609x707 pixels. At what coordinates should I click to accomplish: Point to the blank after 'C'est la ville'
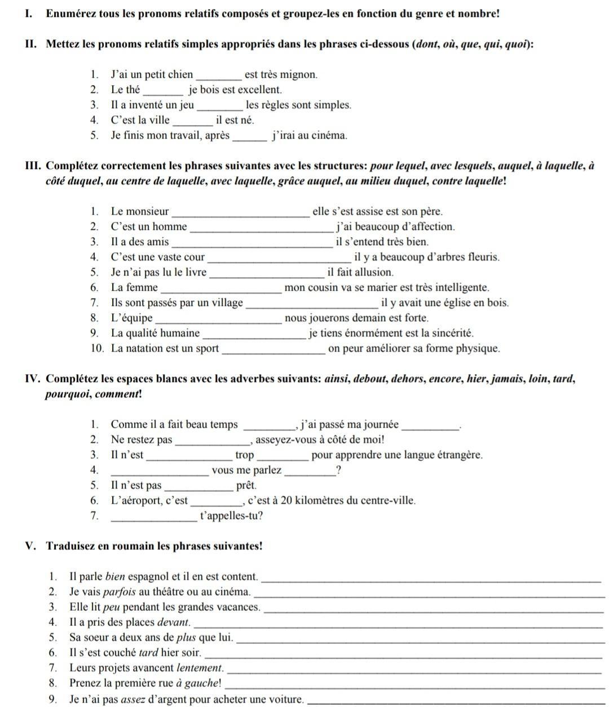coord(192,121)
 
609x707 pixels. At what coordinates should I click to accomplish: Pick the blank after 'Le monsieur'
coord(240,213)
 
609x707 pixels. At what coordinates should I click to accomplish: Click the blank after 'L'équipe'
coord(218,319)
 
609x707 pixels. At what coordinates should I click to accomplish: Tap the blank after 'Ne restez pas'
coord(212,441)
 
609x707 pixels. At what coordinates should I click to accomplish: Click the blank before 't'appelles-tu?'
coord(155,517)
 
